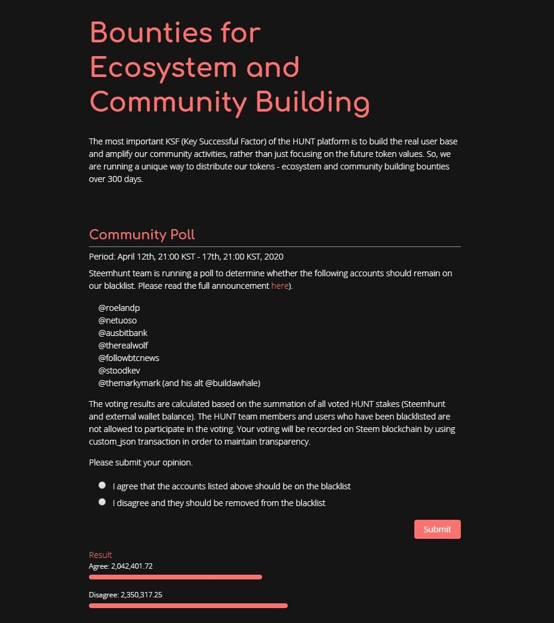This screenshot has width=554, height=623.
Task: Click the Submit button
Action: click(437, 529)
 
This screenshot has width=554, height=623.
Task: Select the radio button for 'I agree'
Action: click(102, 485)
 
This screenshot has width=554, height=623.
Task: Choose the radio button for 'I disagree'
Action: click(102, 502)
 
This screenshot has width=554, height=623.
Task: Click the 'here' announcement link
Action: click(279, 286)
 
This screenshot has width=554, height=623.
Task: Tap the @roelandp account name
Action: click(119, 308)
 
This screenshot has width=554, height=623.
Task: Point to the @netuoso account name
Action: click(118, 320)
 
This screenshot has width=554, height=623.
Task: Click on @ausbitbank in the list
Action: click(123, 333)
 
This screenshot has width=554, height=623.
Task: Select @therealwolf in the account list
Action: click(123, 346)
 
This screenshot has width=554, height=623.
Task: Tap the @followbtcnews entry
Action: click(128, 358)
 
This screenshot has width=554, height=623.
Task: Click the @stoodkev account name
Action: click(119, 371)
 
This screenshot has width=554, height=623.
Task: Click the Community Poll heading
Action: click(142, 235)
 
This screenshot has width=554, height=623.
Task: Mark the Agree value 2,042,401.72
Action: click(132, 566)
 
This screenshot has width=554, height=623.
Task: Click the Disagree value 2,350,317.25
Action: click(141, 595)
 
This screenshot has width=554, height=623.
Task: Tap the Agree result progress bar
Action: click(175, 577)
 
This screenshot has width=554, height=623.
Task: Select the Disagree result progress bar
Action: click(188, 606)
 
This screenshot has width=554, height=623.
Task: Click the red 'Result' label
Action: click(100, 555)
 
